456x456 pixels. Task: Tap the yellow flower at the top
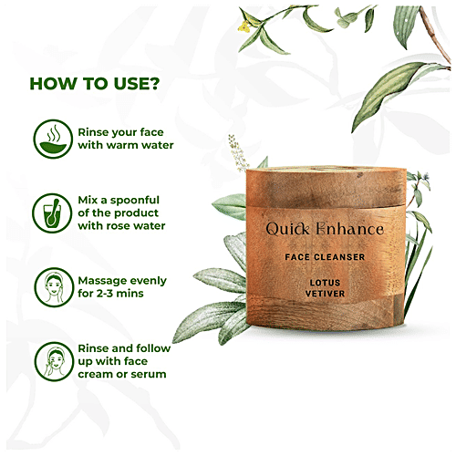(247, 24)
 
